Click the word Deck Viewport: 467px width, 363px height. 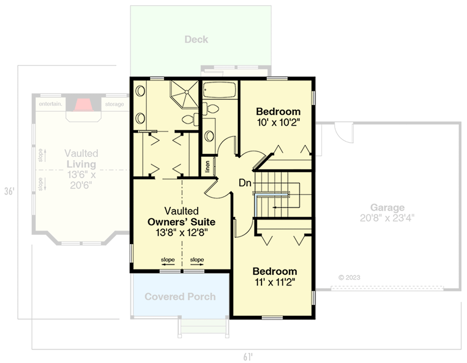(x=196, y=39)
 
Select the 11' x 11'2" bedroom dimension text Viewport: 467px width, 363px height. (x=275, y=283)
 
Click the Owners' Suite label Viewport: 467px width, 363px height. (x=181, y=222)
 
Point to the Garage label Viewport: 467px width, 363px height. (x=384, y=208)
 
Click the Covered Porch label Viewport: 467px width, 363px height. (x=180, y=297)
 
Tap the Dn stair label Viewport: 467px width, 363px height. (x=245, y=183)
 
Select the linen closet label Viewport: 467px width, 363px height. (x=207, y=167)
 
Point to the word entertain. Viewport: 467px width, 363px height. (x=51, y=104)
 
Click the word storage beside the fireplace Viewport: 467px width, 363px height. (x=115, y=104)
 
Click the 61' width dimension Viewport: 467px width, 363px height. (x=248, y=357)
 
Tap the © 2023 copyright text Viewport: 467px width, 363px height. (x=349, y=277)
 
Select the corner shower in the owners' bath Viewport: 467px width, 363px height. (x=184, y=95)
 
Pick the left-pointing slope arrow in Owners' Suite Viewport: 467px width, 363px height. (x=168, y=264)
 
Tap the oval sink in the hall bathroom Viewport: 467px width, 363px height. (x=209, y=136)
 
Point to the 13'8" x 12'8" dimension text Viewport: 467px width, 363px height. (x=181, y=233)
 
